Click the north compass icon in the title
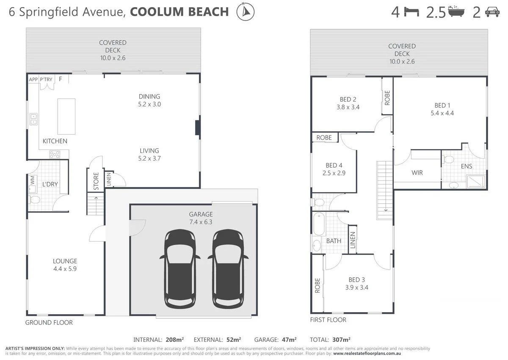[246, 11]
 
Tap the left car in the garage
[180, 269]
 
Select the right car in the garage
[228, 269]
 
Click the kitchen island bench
[66, 116]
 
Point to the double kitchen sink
[33, 119]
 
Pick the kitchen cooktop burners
[55, 155]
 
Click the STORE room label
[96, 181]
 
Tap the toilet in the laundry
[34, 200]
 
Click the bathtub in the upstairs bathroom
[319, 224]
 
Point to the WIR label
[417, 173]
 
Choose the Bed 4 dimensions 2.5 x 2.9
[334, 173]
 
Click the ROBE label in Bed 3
[317, 285]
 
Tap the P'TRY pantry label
[46, 79]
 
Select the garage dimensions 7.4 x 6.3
[201, 222]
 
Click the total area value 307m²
[341, 340]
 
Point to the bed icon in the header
[411, 12]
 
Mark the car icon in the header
[492, 12]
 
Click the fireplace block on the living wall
[198, 128]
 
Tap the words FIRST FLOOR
[328, 320]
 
